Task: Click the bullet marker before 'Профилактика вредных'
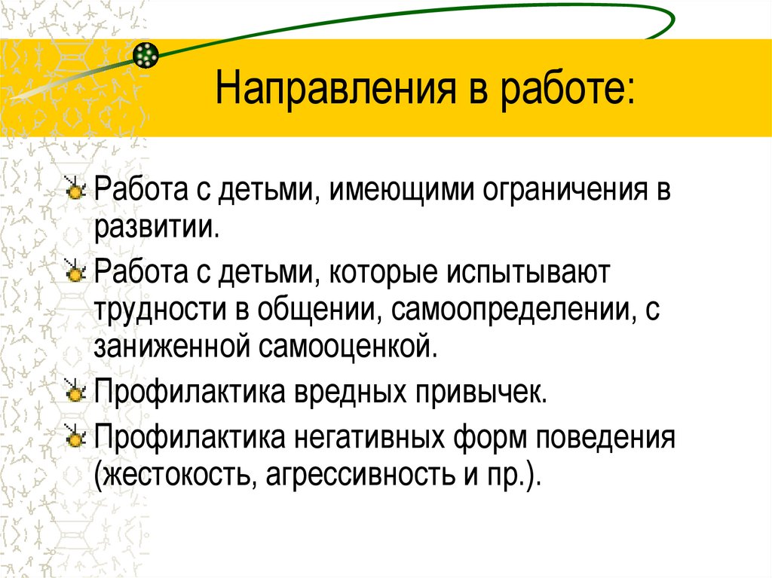click(75, 395)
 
